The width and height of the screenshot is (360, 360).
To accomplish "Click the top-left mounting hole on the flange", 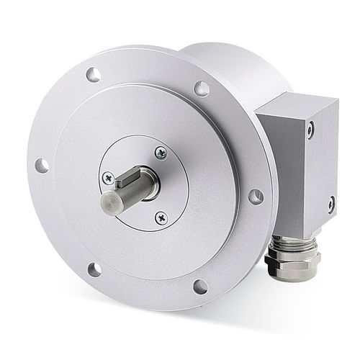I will (93, 73).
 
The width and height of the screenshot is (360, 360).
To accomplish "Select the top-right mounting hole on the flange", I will (202, 89).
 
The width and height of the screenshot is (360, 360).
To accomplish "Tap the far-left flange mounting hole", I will (42, 166).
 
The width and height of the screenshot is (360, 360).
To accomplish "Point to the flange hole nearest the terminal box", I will (256, 196).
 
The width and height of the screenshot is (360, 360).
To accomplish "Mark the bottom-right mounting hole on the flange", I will (200, 286).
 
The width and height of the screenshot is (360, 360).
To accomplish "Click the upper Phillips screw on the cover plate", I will (160, 153).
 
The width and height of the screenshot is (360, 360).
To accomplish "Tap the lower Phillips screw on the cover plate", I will (161, 216).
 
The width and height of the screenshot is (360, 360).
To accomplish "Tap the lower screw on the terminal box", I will (330, 204).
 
